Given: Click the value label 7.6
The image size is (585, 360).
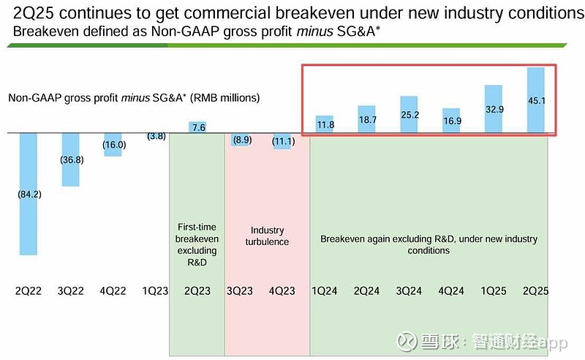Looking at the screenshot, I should (197, 127).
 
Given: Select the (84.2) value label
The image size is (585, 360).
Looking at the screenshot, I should (29, 194).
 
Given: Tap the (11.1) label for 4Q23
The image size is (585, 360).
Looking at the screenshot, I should (282, 140).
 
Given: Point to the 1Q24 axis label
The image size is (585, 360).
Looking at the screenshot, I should (324, 291).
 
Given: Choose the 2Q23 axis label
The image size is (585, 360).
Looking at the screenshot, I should (197, 291).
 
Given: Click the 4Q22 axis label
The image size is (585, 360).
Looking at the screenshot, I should (113, 291).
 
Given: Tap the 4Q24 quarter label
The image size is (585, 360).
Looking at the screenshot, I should (451, 291).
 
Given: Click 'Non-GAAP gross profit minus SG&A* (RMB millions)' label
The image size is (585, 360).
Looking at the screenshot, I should (134, 97).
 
